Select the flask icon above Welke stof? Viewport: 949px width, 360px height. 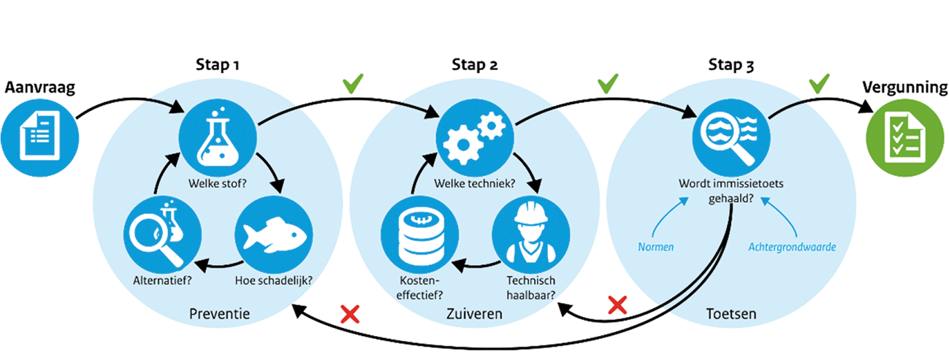click(217, 136)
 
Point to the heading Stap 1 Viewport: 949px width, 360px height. click(218, 66)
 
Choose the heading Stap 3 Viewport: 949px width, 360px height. click(731, 66)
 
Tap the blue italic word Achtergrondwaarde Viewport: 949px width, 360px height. click(792, 247)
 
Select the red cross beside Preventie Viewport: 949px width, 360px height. click(350, 315)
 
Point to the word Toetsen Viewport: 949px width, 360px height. click(732, 315)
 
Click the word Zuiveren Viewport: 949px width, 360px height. click(474, 315)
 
